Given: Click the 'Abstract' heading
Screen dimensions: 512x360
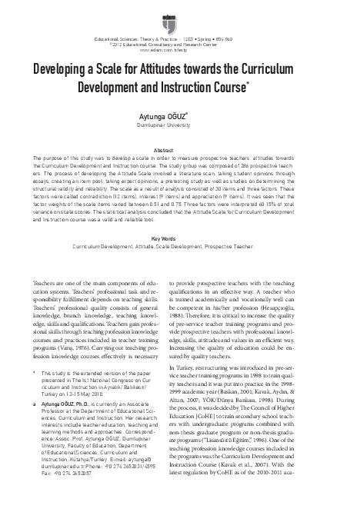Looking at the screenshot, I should (179, 149).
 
